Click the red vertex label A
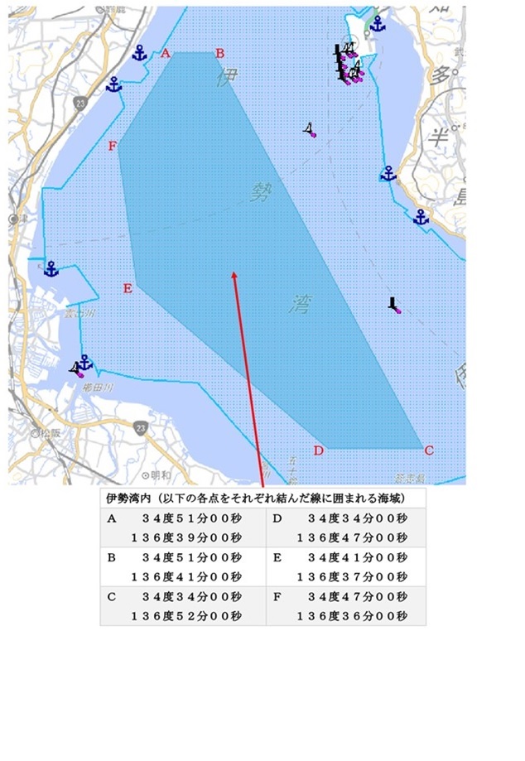tap(166, 54)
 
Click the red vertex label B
tap(220, 54)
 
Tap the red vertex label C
tap(428, 450)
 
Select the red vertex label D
tap(318, 450)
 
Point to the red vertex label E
tap(128, 288)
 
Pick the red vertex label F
tap(113, 147)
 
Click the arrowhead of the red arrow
tap(235, 274)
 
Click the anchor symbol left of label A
tap(139, 54)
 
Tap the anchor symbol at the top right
tap(378, 24)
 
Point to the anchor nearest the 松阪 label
tap(83, 362)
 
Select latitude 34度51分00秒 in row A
tap(191, 518)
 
